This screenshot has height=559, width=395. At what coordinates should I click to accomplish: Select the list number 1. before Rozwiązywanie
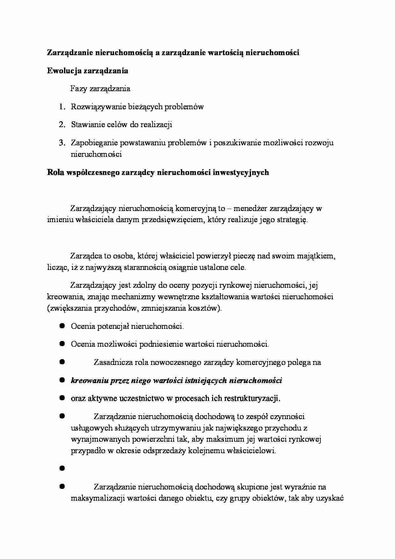coord(62,107)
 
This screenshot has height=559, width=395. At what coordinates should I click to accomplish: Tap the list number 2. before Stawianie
coord(62,125)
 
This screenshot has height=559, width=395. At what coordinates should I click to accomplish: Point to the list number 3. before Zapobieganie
coord(62,143)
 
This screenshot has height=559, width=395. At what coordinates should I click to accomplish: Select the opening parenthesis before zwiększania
coord(48,309)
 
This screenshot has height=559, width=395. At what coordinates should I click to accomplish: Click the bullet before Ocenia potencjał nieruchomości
coord(62,326)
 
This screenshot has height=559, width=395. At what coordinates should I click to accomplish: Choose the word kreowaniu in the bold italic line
coord(89,381)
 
